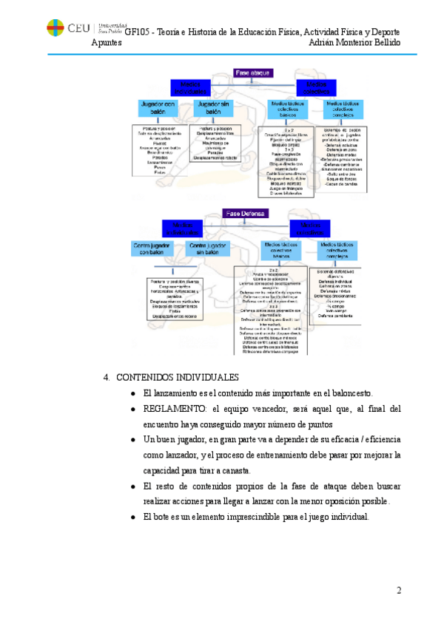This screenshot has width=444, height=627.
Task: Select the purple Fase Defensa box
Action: coord(246,213)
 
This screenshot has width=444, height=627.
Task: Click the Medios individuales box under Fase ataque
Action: coord(194,87)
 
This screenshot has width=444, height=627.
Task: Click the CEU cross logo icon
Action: coord(55,27)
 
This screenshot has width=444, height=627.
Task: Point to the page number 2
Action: coord(399,590)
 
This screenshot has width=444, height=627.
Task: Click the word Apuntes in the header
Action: coord(107,42)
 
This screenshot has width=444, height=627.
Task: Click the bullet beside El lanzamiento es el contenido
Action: coord(132,393)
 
